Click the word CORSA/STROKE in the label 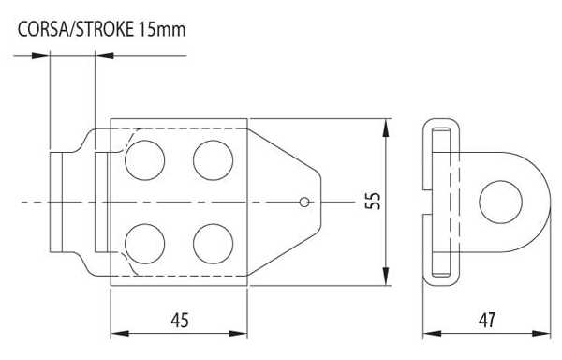76,29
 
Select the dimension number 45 180,321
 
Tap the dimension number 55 373,202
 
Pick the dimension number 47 487,320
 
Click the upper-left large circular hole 145,160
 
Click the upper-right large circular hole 213,160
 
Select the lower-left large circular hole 145,244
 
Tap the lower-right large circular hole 213,244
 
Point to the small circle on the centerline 304,202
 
